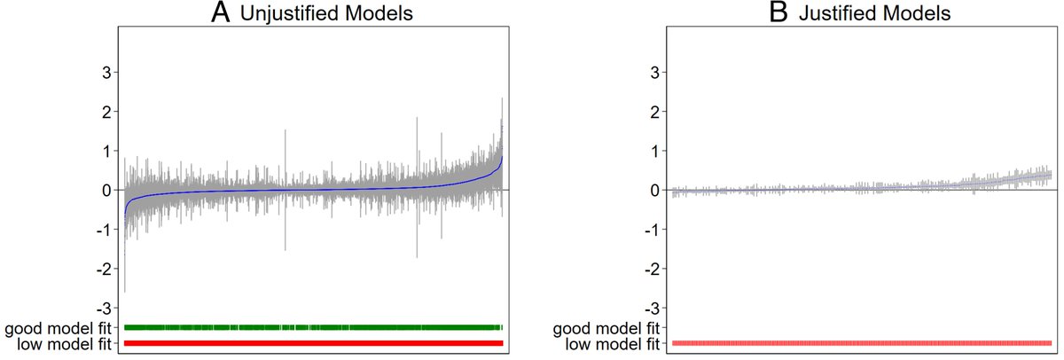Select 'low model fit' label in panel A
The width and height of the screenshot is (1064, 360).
pyautogui.click(x=62, y=343)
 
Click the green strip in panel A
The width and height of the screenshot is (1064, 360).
pyautogui.click(x=313, y=327)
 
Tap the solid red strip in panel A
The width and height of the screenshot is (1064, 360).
pyautogui.click(x=313, y=343)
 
